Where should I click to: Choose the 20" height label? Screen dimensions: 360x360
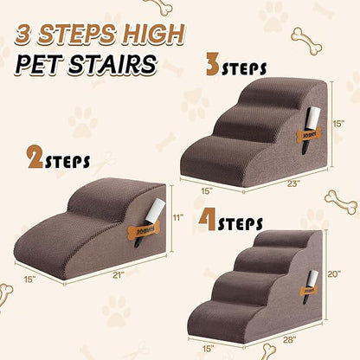(x=335, y=274)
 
